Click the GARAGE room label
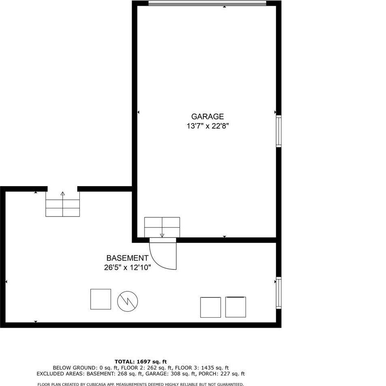[x=207, y=117]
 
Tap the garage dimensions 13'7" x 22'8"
[x=208, y=126]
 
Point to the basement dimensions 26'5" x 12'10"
[x=127, y=267]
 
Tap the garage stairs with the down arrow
[x=162, y=227]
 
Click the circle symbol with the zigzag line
[x=128, y=301]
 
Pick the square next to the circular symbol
[x=100, y=299]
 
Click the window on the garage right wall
[x=279, y=131]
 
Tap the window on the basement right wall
[x=279, y=293]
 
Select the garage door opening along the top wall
[x=207, y=4]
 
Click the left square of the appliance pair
[x=211, y=307]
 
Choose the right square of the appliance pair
[x=235, y=307]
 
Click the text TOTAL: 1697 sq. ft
[x=141, y=362]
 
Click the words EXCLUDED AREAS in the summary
[x=58, y=374]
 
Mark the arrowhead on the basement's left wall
[x=6, y=281]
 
